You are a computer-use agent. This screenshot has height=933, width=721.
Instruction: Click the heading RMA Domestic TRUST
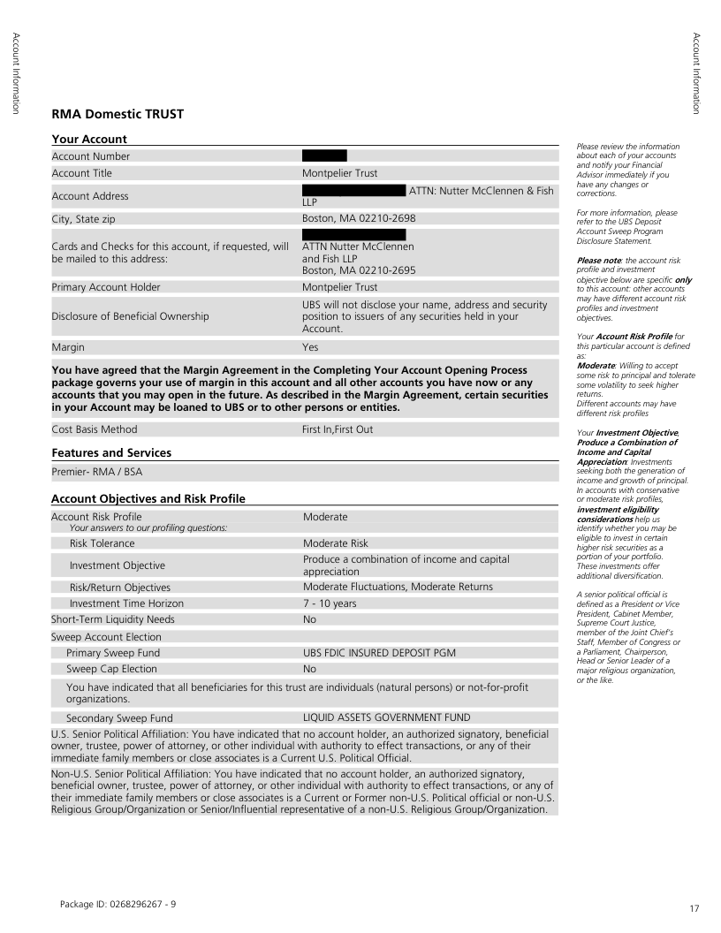[118, 115]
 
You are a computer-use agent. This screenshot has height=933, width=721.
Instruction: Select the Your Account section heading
[89, 139]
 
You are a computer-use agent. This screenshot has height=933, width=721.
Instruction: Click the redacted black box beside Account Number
[324, 156]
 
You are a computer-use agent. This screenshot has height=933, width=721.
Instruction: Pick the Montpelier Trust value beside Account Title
[339, 173]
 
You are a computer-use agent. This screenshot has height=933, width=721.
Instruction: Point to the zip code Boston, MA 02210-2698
[359, 217]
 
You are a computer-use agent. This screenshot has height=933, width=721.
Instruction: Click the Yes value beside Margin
[310, 348]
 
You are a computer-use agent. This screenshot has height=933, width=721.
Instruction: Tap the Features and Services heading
[111, 452]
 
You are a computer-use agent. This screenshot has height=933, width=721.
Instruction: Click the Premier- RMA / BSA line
[97, 472]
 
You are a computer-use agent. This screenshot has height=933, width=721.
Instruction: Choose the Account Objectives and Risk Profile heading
[148, 499]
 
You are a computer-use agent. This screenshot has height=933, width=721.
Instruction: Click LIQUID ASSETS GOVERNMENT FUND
[386, 717]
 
